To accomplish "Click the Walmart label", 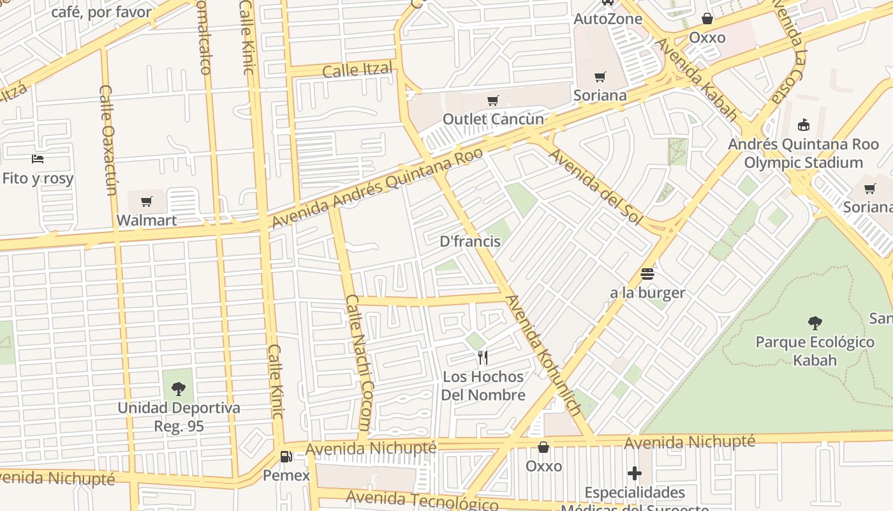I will (147, 220).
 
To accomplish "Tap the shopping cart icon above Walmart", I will (147, 202).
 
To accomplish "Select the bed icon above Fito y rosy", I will (38, 158).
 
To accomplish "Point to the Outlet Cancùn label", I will (493, 119).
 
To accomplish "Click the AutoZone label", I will (608, 19).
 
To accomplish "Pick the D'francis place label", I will (470, 241).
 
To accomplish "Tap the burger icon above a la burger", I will (647, 274).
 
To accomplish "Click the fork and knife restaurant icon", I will (483, 358).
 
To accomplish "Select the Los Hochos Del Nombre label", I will (483, 386).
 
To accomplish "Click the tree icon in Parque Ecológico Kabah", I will (815, 323).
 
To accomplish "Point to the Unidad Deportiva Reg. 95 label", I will (179, 416).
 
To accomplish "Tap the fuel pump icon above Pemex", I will (286, 457).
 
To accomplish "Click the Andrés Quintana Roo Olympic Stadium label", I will (803, 153).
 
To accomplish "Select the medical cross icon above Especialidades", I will (634, 473).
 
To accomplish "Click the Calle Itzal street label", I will (357, 69).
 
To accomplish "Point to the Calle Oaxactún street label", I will (108, 141).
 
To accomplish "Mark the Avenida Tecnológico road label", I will (422, 500).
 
